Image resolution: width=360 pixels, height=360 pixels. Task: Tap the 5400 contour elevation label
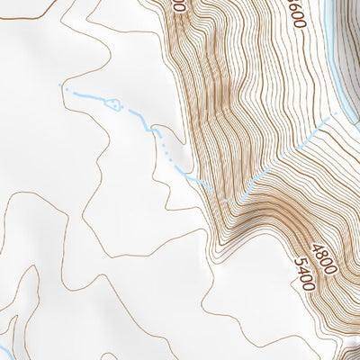305,274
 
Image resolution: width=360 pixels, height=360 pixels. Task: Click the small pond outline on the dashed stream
112,104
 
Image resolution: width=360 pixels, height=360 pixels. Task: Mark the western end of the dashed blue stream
61,85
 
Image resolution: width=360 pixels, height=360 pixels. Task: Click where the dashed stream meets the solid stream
236,198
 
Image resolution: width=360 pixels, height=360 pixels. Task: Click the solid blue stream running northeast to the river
288,153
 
